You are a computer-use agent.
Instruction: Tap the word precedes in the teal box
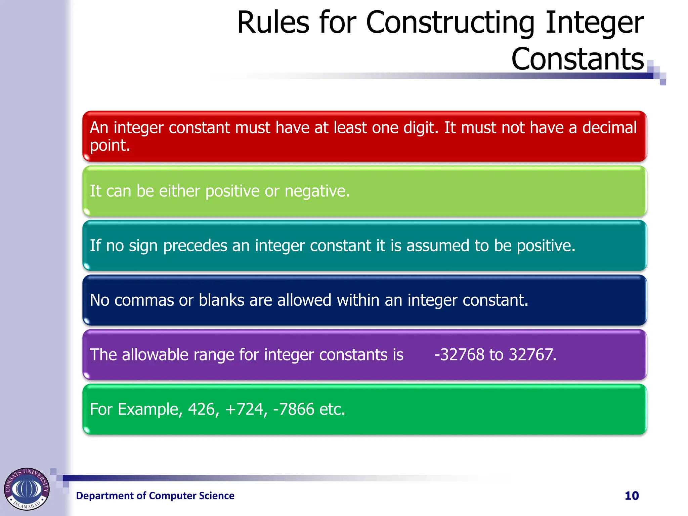pos(195,246)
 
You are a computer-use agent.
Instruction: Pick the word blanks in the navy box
pos(221,300)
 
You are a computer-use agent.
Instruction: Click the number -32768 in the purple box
pos(459,355)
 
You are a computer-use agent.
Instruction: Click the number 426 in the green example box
pos(201,410)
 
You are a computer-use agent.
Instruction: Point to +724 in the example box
pos(244,410)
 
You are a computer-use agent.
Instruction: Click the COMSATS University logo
pos(27,489)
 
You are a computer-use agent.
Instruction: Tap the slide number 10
pos(631,496)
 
